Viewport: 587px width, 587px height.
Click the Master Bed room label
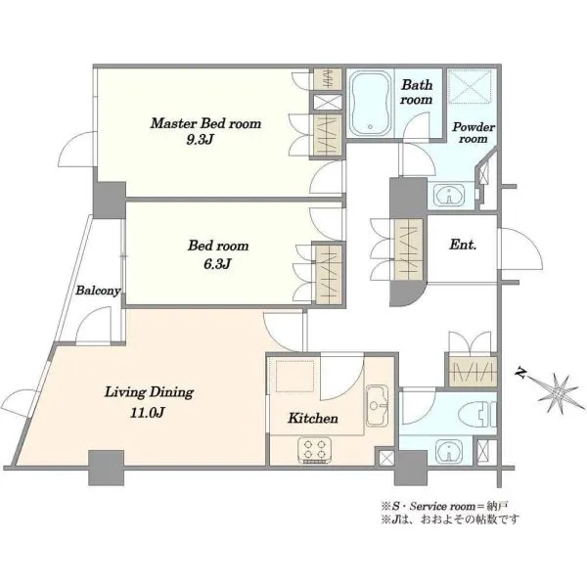[x=205, y=123]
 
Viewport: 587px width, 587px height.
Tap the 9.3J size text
[x=200, y=140]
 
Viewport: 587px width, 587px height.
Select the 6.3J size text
[x=217, y=264]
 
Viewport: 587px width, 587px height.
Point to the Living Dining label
[x=149, y=392]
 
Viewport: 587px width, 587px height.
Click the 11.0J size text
[x=148, y=413]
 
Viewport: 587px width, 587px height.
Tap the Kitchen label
[x=313, y=418]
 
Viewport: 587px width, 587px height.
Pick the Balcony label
[x=98, y=291]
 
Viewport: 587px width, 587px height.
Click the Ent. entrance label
[x=463, y=245]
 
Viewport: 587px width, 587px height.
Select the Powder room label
[x=474, y=132]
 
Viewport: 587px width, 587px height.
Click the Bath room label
[x=417, y=92]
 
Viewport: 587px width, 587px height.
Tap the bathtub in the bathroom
[x=371, y=104]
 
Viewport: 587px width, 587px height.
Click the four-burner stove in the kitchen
[x=315, y=450]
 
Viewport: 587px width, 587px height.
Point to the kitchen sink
[x=378, y=405]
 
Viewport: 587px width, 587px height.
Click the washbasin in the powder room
[x=449, y=195]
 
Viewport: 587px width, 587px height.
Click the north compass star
[x=559, y=393]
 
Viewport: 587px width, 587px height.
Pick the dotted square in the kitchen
[x=295, y=377]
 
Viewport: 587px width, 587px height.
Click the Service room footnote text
[x=444, y=507]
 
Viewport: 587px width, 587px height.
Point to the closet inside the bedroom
[x=329, y=274]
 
